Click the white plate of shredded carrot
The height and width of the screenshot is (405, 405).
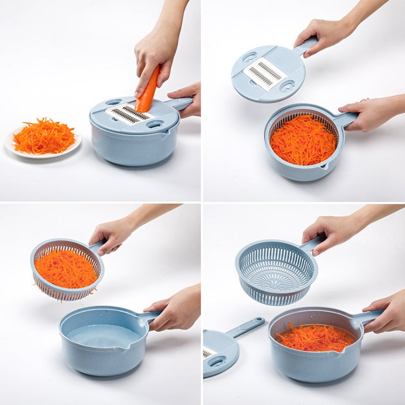[43, 141]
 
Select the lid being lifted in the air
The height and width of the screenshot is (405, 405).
[268, 74]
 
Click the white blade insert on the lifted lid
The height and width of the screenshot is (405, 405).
[265, 73]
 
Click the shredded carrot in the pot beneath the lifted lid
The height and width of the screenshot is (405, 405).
[303, 140]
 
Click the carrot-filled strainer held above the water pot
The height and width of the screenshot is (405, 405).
[67, 270]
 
